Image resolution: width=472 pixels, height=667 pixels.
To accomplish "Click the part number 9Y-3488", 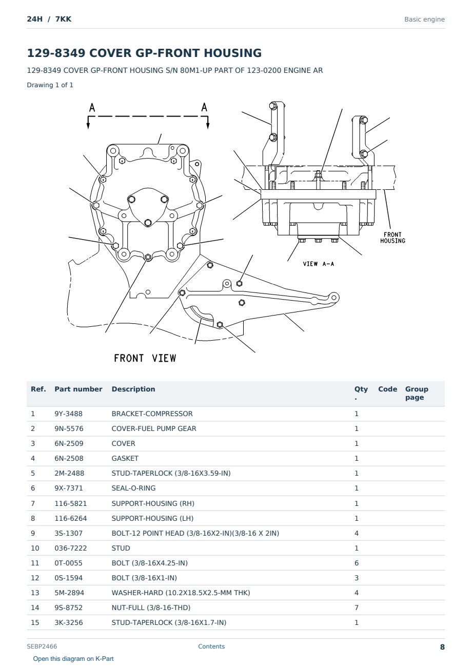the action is (x=68, y=414).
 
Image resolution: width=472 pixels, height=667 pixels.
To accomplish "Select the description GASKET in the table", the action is (x=125, y=458).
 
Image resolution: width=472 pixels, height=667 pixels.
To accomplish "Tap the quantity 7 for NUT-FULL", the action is (x=357, y=607).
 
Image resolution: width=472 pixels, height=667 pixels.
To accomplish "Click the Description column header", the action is (x=133, y=389).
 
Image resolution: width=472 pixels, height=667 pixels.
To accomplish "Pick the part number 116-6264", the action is (x=71, y=518).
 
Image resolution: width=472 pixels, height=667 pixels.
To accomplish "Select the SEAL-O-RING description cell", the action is (x=133, y=488).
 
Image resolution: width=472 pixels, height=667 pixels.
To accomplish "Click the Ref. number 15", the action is (x=35, y=622).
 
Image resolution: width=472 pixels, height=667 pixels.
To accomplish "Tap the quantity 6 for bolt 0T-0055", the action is (x=357, y=563).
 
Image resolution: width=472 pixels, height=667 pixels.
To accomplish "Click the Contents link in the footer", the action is (x=211, y=646).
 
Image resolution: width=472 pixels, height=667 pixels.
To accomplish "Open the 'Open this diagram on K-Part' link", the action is (x=73, y=659).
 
